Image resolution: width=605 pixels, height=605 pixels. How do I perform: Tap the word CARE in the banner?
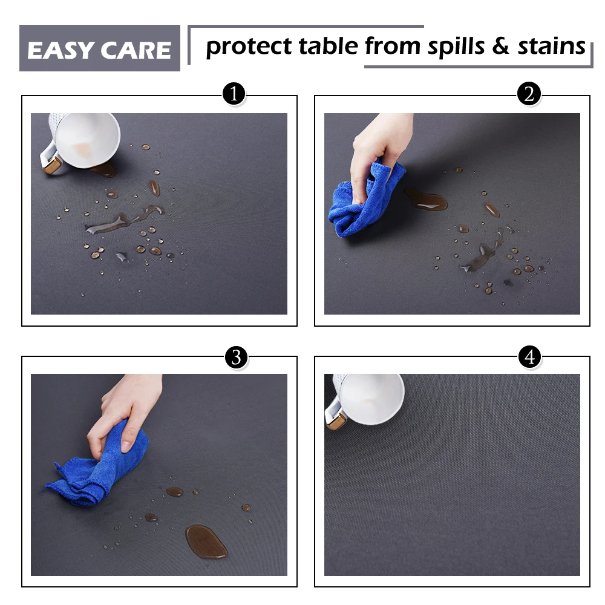136,50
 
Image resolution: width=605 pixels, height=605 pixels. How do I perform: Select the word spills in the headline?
456,47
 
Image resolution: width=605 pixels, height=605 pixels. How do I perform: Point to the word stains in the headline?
551,47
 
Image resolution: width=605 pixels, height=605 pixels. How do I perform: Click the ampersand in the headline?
500,46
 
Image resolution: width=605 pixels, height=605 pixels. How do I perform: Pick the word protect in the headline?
249,47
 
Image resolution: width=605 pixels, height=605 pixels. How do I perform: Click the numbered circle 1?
234,94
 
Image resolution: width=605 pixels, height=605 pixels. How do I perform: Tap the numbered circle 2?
529,93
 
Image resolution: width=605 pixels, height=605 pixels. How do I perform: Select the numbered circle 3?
236,358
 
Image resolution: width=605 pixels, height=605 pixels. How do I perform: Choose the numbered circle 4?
529,356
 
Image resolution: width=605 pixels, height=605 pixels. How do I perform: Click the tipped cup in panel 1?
81,141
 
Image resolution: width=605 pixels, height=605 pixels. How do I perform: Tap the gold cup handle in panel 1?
51,166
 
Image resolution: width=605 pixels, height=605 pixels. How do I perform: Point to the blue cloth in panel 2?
365,201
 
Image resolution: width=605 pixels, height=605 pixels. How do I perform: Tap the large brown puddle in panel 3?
206,541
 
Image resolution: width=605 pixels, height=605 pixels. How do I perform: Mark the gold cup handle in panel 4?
336,420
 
